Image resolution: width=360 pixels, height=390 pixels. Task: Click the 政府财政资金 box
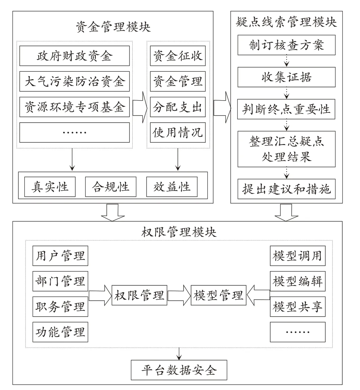[74, 56]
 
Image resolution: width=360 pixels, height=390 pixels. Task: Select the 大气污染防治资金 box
[74, 81]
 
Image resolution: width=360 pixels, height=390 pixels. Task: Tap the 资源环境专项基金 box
[74, 107]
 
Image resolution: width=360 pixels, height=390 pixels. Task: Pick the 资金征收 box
[178, 56]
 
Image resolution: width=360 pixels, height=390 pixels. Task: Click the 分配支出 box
[178, 107]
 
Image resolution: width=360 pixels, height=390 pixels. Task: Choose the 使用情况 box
[178, 132]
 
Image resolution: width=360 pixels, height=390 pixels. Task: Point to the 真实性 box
[50, 187]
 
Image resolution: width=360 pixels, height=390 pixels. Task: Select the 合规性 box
[111, 187]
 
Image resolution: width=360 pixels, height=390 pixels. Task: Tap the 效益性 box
[172, 187]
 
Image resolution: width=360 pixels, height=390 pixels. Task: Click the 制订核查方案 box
[287, 45]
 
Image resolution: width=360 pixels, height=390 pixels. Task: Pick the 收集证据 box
[287, 77]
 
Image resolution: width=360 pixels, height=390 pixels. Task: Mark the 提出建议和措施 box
[287, 189]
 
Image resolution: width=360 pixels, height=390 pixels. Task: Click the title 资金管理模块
[113, 26]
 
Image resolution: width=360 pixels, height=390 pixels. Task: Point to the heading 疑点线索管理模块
[287, 22]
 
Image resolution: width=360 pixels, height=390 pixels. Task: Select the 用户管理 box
[60, 256]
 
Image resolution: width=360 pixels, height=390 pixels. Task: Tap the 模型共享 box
[298, 306]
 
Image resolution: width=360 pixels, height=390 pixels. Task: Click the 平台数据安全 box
[179, 370]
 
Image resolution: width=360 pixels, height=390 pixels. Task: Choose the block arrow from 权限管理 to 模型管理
[179, 295]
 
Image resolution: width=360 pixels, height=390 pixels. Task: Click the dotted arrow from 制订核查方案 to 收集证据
[287, 61]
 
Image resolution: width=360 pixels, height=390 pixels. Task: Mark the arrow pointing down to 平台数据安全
[179, 354]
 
